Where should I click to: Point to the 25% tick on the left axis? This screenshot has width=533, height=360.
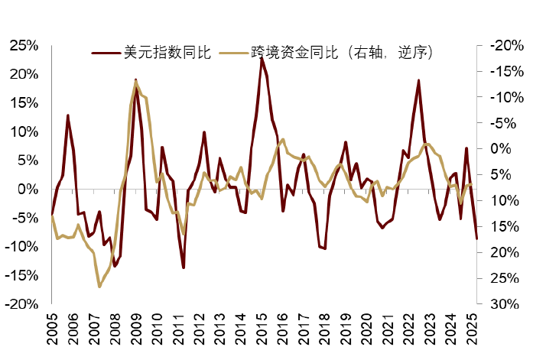(x=24, y=46)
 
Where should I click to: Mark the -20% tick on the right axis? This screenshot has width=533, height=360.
(x=500, y=46)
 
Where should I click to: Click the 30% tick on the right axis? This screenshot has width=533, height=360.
(x=498, y=303)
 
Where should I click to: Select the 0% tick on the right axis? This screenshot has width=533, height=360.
(x=495, y=148)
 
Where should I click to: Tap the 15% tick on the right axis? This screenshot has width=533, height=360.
(x=498, y=226)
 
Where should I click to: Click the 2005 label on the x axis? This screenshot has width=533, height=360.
(x=52, y=327)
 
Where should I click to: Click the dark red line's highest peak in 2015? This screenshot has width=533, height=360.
(x=262, y=57)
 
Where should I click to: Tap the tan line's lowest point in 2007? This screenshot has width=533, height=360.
(x=99, y=287)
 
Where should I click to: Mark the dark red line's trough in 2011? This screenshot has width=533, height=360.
(x=184, y=268)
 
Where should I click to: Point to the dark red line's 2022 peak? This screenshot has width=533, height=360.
(x=419, y=80)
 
